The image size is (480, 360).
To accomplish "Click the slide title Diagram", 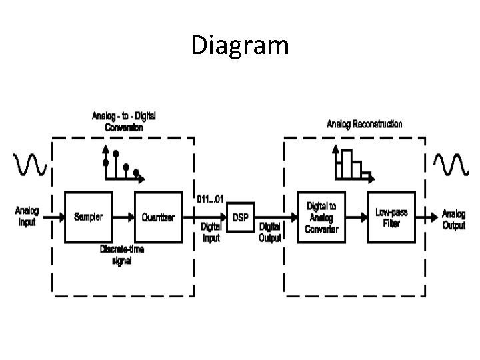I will click(x=239, y=46).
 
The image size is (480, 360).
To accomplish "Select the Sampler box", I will click(x=89, y=217).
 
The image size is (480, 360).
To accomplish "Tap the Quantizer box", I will click(x=158, y=217).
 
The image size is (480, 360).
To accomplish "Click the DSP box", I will click(x=240, y=217).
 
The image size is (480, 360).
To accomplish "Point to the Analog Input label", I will click(x=27, y=217).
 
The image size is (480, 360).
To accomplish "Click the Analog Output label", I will click(x=454, y=219).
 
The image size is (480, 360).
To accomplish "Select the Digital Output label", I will click(x=270, y=231).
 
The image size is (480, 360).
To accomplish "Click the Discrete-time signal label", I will click(x=122, y=255).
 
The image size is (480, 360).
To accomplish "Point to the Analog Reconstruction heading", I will click(x=364, y=124).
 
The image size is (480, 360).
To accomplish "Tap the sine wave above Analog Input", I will click(x=30, y=163).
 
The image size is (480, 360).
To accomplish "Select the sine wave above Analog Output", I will click(x=451, y=163).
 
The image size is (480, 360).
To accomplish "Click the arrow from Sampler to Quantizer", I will click(x=123, y=217).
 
